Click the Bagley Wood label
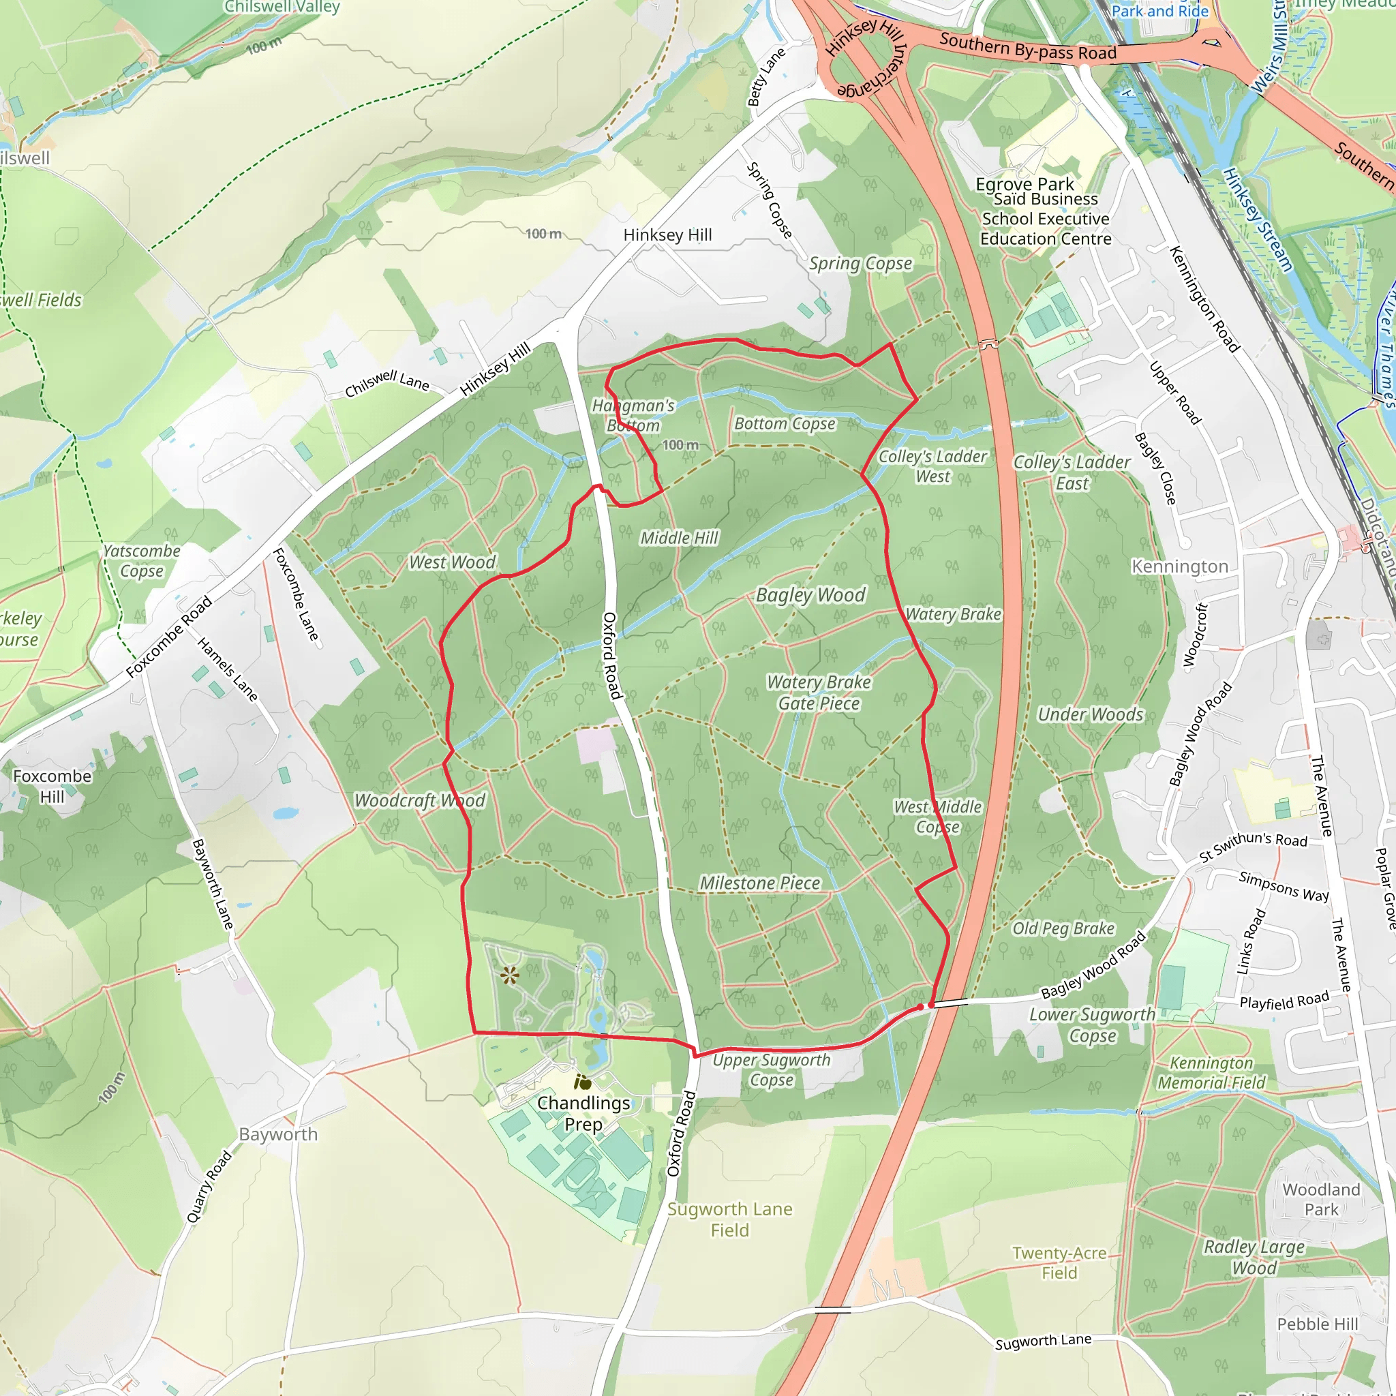810,594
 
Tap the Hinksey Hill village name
667,235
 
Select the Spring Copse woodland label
860,264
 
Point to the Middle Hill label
679,538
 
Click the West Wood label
453,562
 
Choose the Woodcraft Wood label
420,801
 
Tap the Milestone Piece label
760,883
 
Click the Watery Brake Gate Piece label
819,693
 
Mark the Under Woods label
1091,714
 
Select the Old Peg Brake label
1063,928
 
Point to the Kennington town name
1180,566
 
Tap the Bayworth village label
278,1134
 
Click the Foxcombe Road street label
169,637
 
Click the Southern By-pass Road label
1027,46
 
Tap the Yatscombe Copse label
142,561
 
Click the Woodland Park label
1321,1200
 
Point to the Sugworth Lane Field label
730,1219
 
